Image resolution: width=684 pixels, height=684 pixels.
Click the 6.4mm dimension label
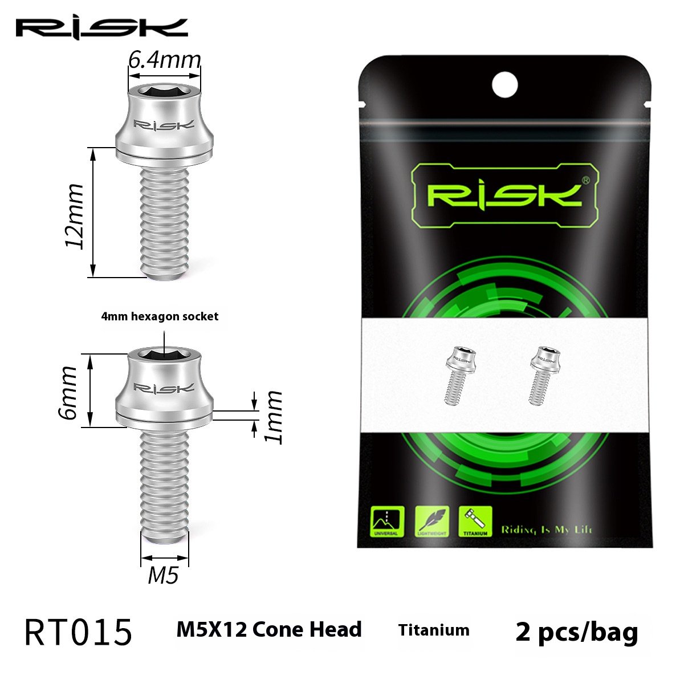(164, 59)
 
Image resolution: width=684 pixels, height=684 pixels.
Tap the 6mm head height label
(68, 392)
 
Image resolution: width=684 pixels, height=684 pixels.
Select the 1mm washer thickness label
(275, 416)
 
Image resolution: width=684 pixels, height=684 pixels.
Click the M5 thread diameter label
(164, 576)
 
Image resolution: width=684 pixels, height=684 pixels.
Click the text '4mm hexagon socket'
(160, 316)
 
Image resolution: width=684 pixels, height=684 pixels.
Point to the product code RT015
(79, 633)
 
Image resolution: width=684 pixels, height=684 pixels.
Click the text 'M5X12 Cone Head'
(269, 629)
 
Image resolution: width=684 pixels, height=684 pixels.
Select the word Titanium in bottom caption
(434, 630)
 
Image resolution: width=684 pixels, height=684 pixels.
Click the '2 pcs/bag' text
(576, 632)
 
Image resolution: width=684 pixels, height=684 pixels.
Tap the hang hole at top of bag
(504, 84)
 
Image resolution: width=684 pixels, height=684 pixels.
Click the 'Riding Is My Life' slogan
(546, 530)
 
